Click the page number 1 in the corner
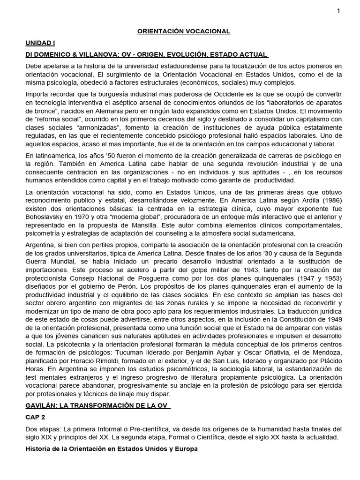tap(338, 11)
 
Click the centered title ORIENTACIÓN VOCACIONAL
tap(183, 31)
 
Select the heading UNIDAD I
tap(40, 43)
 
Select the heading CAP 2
tap(37, 417)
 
